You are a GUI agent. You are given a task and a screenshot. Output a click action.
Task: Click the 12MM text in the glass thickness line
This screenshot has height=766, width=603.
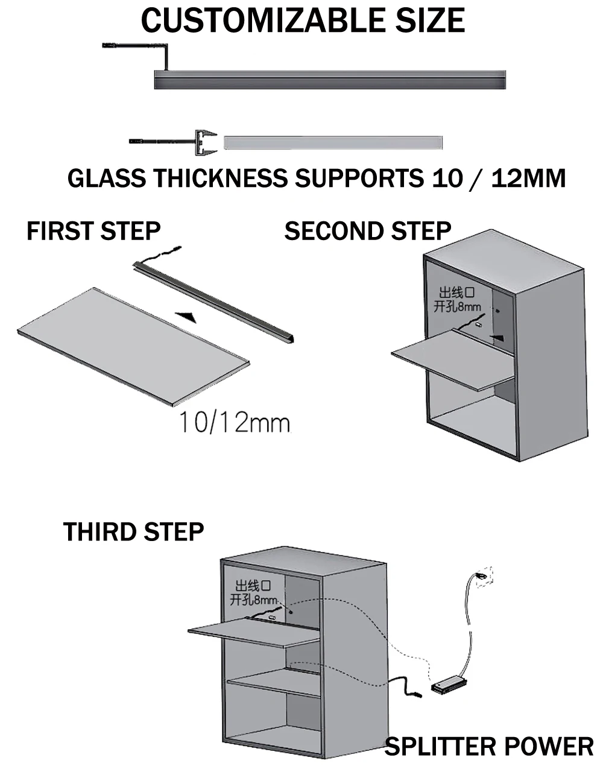pos(529,179)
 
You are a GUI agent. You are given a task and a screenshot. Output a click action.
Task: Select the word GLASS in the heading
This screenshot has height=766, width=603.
pos(106,179)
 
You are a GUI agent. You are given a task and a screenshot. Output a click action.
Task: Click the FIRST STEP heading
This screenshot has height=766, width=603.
pos(93,231)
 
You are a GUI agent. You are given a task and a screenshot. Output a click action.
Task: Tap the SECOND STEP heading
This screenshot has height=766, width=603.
pos(367,231)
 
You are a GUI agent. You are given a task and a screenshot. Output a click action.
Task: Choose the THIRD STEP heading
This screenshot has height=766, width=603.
pos(133,532)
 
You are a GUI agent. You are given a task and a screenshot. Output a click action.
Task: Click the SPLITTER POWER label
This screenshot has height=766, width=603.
pos(488,747)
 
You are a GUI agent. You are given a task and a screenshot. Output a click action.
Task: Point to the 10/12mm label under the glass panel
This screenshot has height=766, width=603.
pos(234,423)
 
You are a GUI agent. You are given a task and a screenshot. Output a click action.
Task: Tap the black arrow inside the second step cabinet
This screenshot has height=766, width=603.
pos(498,338)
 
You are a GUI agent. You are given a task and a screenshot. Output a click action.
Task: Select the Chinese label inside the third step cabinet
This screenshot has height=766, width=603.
pos(253,593)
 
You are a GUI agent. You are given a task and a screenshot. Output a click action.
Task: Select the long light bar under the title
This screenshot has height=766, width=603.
pos(329,80)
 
